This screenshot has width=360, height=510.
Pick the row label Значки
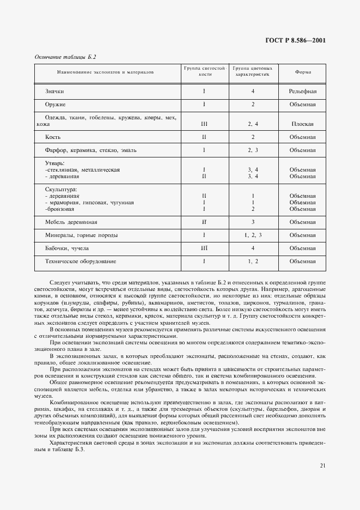pyautogui.click(x=54, y=91)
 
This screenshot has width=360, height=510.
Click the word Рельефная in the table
pyautogui.click(x=303, y=91)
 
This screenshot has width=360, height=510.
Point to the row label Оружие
pyautogui.click(x=56, y=104)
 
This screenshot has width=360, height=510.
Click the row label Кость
pyautogui.click(x=53, y=137)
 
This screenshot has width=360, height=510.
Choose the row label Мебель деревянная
pyautogui.click(x=71, y=222)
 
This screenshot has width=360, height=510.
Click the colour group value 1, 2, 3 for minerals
pyautogui.click(x=253, y=235)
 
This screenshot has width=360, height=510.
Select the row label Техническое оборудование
pyautogui.click(x=81, y=261)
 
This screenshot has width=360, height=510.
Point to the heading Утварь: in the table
pyautogui.click(x=55, y=163)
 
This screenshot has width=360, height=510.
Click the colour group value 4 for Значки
pyautogui.click(x=253, y=91)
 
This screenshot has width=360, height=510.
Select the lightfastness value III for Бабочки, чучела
pyautogui.click(x=204, y=248)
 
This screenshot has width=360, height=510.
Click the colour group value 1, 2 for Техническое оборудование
pyautogui.click(x=253, y=261)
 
